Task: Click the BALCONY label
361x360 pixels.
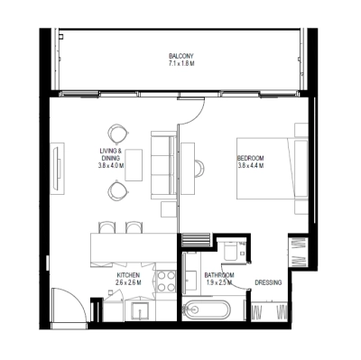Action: pos(180,56)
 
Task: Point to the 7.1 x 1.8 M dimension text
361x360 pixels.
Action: pos(180,65)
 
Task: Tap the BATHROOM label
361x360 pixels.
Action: pos(218,274)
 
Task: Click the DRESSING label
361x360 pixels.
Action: pos(268,282)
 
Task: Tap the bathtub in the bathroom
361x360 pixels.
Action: pos(207,310)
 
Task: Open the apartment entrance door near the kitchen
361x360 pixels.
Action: pos(69,305)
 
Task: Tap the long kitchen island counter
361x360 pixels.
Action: pos(128,246)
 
